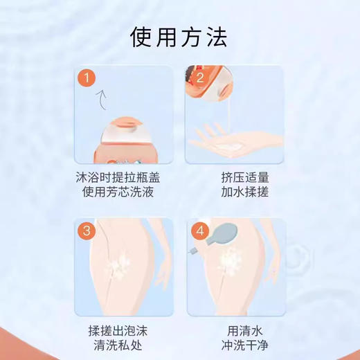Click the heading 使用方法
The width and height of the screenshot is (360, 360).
179,37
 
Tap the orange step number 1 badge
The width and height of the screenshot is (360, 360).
86,79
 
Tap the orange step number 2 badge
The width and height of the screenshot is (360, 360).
199,79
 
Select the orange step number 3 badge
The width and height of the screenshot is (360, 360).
86,232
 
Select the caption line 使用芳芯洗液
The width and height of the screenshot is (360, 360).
120,192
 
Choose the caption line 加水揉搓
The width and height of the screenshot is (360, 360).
233,192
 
